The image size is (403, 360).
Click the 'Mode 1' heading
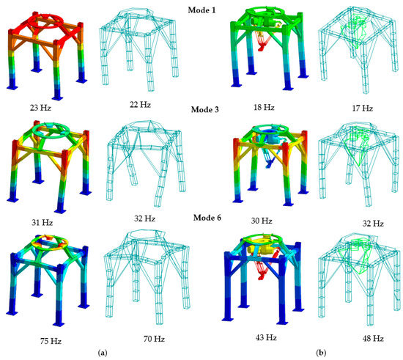(201, 6)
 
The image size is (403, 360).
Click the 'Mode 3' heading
(201, 111)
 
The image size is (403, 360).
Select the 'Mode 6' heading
(201, 218)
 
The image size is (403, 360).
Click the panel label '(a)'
(103, 353)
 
